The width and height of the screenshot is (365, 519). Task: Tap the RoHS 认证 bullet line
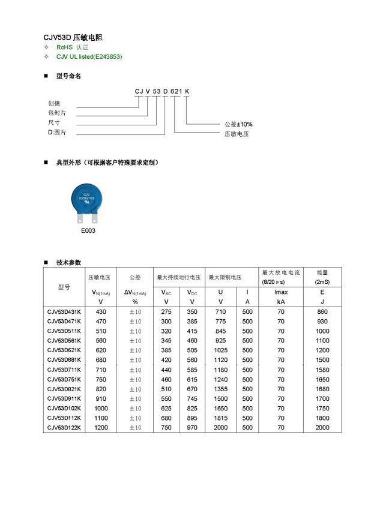[x=72, y=47]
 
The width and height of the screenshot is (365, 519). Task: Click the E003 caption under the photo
[x=88, y=230]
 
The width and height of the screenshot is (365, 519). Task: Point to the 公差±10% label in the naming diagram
[x=238, y=124]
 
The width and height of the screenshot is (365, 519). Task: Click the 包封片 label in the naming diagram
[x=58, y=112]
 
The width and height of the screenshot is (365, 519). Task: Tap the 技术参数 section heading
[x=68, y=262]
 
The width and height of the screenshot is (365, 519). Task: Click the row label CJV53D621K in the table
[x=64, y=350]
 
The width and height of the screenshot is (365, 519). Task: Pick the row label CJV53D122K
[x=64, y=427]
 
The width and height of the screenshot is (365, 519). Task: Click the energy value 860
[x=322, y=312]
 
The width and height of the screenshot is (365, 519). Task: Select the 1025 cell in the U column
[x=221, y=350]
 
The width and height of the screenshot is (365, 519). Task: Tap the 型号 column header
[x=64, y=287]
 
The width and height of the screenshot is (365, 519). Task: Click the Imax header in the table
[x=281, y=292]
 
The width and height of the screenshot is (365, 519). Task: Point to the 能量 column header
[x=322, y=272]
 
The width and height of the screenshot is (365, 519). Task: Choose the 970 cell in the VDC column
[x=192, y=427]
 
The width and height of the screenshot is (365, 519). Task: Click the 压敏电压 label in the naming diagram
[x=236, y=134]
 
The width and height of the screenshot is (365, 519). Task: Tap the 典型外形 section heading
[x=108, y=163]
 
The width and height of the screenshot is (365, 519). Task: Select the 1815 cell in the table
[x=221, y=418]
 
